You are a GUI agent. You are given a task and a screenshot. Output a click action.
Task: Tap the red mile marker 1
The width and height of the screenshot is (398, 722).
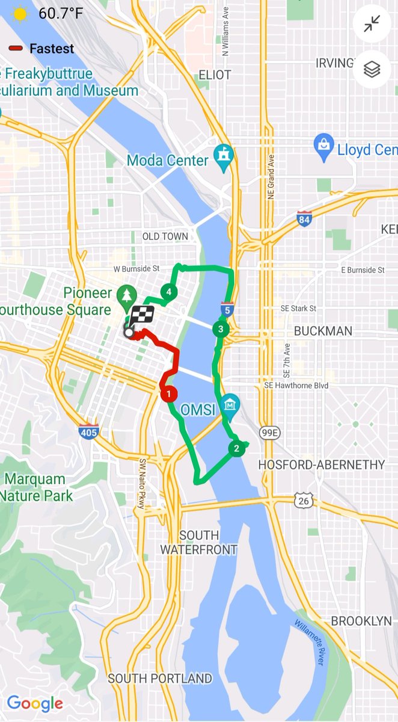[x=168, y=394]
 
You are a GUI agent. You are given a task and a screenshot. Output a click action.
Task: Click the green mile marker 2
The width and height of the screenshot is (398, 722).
[x=236, y=448]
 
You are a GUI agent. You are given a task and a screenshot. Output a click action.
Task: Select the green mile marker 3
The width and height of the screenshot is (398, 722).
[x=221, y=329]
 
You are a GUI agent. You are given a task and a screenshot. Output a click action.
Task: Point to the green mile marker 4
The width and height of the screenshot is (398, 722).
[x=170, y=292]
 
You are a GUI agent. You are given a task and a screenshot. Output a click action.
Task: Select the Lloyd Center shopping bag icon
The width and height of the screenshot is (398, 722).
[x=324, y=147]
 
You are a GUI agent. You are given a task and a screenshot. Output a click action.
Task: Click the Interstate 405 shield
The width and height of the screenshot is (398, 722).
[x=88, y=431]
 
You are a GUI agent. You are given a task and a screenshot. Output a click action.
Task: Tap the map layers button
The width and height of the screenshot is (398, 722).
[x=372, y=70]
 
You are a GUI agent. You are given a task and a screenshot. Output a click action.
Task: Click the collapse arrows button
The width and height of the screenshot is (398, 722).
[x=372, y=23]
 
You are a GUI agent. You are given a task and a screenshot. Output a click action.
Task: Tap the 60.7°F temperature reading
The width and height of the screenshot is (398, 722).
[x=61, y=13]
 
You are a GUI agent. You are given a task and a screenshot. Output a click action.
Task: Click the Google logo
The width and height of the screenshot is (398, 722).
[x=35, y=703]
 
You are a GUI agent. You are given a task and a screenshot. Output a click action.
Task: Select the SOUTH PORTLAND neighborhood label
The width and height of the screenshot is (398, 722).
[x=160, y=679]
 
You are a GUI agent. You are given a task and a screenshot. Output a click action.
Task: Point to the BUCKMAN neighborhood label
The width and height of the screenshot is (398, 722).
[x=323, y=331]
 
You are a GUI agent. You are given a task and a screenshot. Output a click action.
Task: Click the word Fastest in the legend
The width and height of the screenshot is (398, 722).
[x=52, y=49]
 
